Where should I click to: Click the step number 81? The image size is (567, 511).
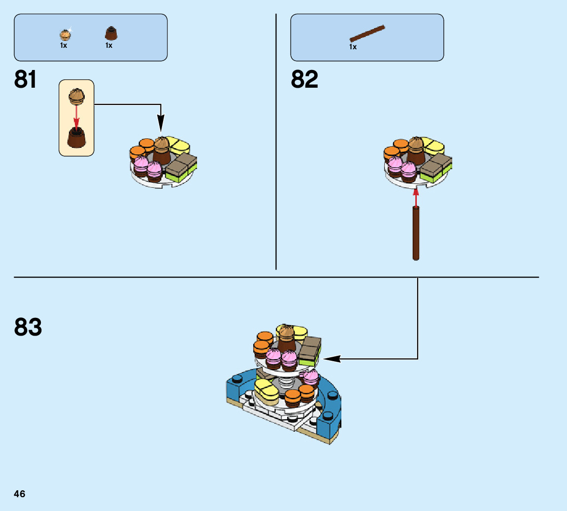click(x=25, y=79)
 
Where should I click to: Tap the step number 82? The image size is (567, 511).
click(x=304, y=79)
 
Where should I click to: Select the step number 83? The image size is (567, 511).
click(x=28, y=327)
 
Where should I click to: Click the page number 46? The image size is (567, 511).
click(x=20, y=494)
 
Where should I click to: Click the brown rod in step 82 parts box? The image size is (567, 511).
click(x=367, y=33)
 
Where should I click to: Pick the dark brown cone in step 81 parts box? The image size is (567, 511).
click(x=111, y=34)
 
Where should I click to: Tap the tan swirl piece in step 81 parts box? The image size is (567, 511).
click(x=65, y=34)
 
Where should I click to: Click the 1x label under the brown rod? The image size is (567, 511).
click(x=353, y=47)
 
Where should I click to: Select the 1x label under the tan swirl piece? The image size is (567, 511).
click(x=64, y=45)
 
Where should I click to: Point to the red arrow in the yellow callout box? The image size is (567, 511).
click(x=76, y=116)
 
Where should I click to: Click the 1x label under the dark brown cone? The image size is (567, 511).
click(x=109, y=45)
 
